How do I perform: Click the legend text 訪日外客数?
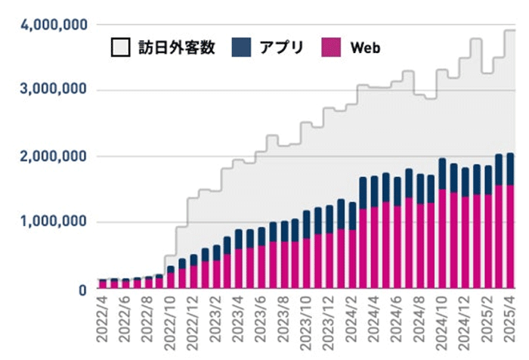coord(177,48)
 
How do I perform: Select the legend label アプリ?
coord(281,48)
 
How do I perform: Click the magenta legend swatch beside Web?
coord(332,48)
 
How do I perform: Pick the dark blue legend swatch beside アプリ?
coord(241,48)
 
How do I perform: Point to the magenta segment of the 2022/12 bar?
coord(193,277)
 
